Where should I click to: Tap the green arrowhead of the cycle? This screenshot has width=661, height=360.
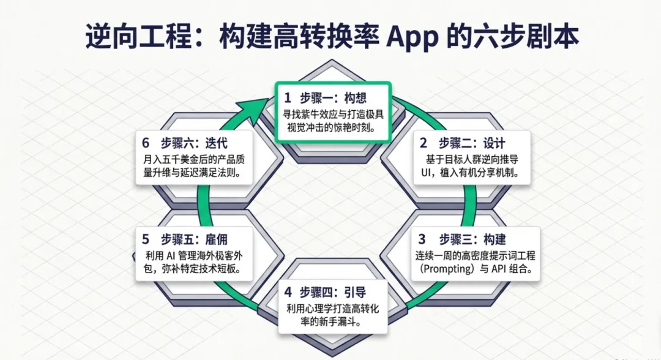click(256, 103)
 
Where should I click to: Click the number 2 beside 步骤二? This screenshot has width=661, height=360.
click(423, 144)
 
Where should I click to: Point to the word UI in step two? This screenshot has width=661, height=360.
click(428, 173)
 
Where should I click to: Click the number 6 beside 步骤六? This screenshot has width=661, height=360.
click(146, 143)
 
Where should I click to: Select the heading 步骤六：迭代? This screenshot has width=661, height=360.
click(194, 143)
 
